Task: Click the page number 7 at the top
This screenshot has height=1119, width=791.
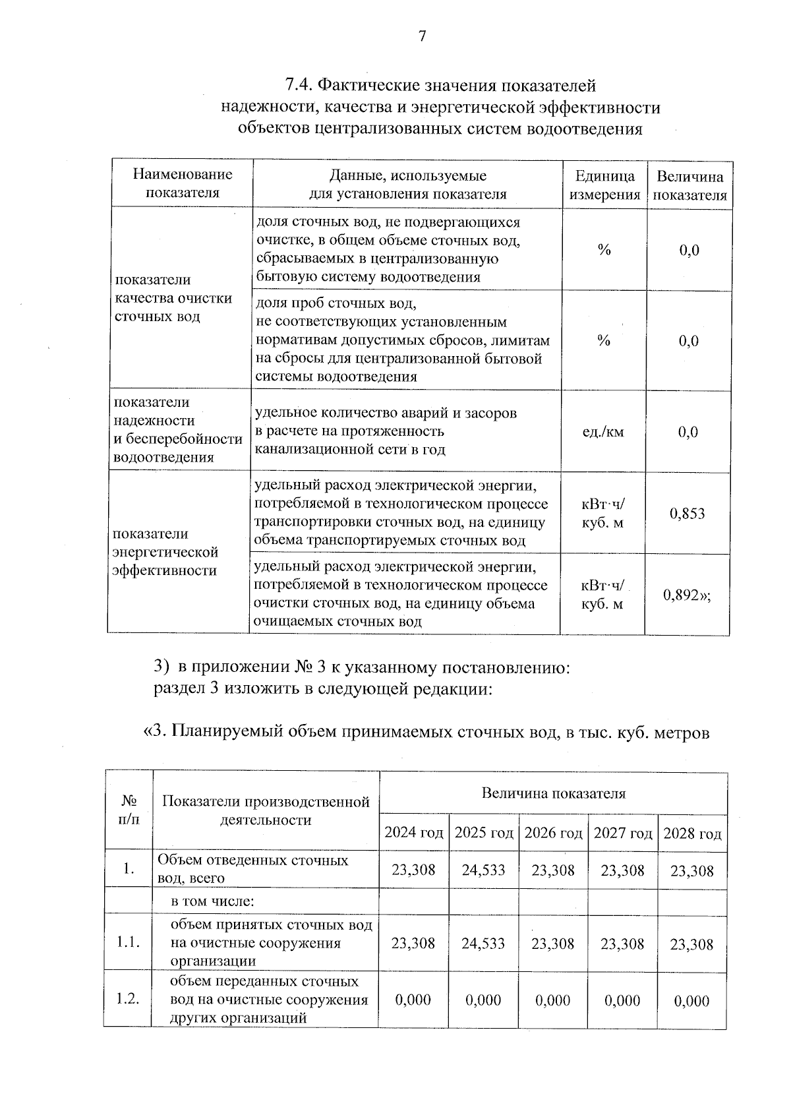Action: point(423,36)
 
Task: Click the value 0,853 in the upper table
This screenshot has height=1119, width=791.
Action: point(688,514)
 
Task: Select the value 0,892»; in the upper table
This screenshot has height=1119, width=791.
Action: point(688,595)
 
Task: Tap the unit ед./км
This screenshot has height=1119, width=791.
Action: point(603,433)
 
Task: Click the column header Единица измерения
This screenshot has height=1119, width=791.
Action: point(604,185)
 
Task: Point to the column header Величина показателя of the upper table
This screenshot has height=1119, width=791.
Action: point(690,186)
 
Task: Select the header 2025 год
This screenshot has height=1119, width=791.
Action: point(484,833)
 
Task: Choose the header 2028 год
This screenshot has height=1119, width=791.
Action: point(692,833)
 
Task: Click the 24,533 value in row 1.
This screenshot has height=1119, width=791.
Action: point(483,870)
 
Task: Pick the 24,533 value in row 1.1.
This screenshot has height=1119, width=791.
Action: point(483,944)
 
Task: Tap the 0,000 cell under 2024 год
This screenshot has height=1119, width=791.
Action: point(413,1000)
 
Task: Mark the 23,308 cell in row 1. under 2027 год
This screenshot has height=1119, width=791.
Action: point(622,870)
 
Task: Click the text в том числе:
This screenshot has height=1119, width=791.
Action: point(213,901)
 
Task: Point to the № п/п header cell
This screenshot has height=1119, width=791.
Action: point(130,810)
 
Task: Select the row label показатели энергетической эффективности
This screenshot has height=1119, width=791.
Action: point(165,553)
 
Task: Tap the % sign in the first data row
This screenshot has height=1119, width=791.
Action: point(604,251)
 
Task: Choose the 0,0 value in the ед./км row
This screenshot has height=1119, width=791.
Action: point(688,433)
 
